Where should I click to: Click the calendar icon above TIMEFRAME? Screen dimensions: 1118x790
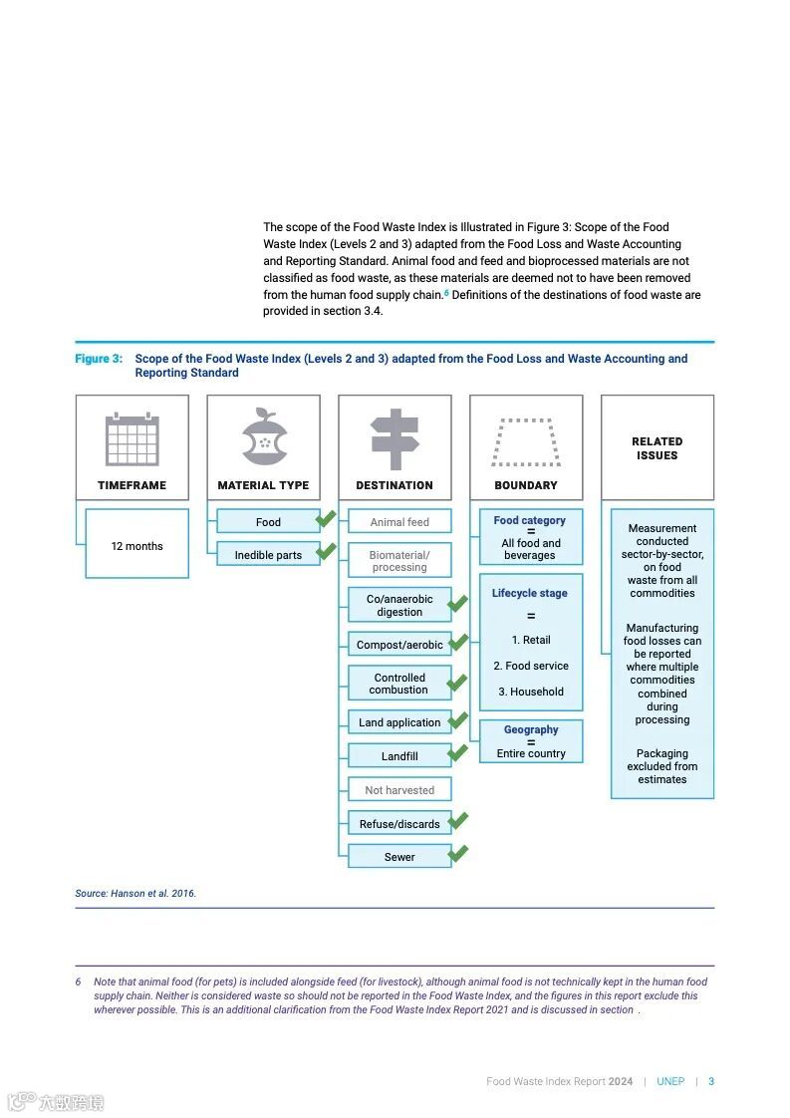132,438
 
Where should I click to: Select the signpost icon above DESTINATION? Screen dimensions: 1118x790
395,437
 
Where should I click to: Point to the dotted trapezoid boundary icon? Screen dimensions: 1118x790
526,441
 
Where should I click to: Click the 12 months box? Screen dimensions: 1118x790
136,545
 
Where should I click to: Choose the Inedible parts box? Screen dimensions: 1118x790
268,555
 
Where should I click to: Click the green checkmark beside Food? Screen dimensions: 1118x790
325,519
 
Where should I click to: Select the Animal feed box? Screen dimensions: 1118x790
399,521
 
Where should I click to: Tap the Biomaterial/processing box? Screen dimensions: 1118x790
399,561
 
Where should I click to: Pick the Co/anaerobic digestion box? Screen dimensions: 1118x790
399,605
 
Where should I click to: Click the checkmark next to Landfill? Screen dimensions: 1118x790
458,753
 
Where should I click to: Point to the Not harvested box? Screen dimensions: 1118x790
399,790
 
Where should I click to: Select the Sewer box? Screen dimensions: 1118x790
399,857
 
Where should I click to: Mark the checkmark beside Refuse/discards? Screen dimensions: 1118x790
458,821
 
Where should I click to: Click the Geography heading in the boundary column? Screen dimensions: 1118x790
531,729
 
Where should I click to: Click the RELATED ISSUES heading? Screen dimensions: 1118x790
657,448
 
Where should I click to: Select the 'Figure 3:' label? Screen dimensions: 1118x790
99,359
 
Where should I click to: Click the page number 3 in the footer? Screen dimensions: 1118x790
711,1081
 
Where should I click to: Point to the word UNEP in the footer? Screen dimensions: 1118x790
670,1081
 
